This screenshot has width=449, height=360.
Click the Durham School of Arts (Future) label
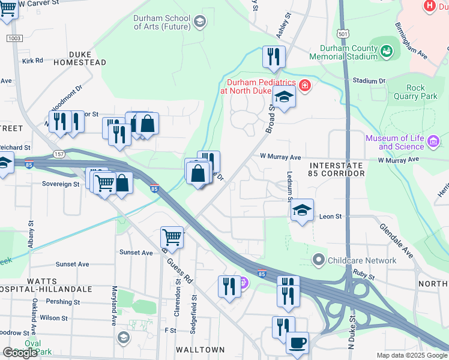161,22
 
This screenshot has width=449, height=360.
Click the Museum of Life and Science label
395,143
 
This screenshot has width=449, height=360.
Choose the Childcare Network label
362,260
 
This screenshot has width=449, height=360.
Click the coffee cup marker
297,343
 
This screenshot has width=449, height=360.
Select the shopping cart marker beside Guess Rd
172,237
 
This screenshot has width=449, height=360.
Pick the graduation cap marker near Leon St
303,210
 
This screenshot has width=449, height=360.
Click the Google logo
20,353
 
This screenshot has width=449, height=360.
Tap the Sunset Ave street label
72,264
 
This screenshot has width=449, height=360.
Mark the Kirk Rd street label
32,61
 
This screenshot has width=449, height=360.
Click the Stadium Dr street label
369,80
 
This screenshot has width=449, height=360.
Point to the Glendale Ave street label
396,241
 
